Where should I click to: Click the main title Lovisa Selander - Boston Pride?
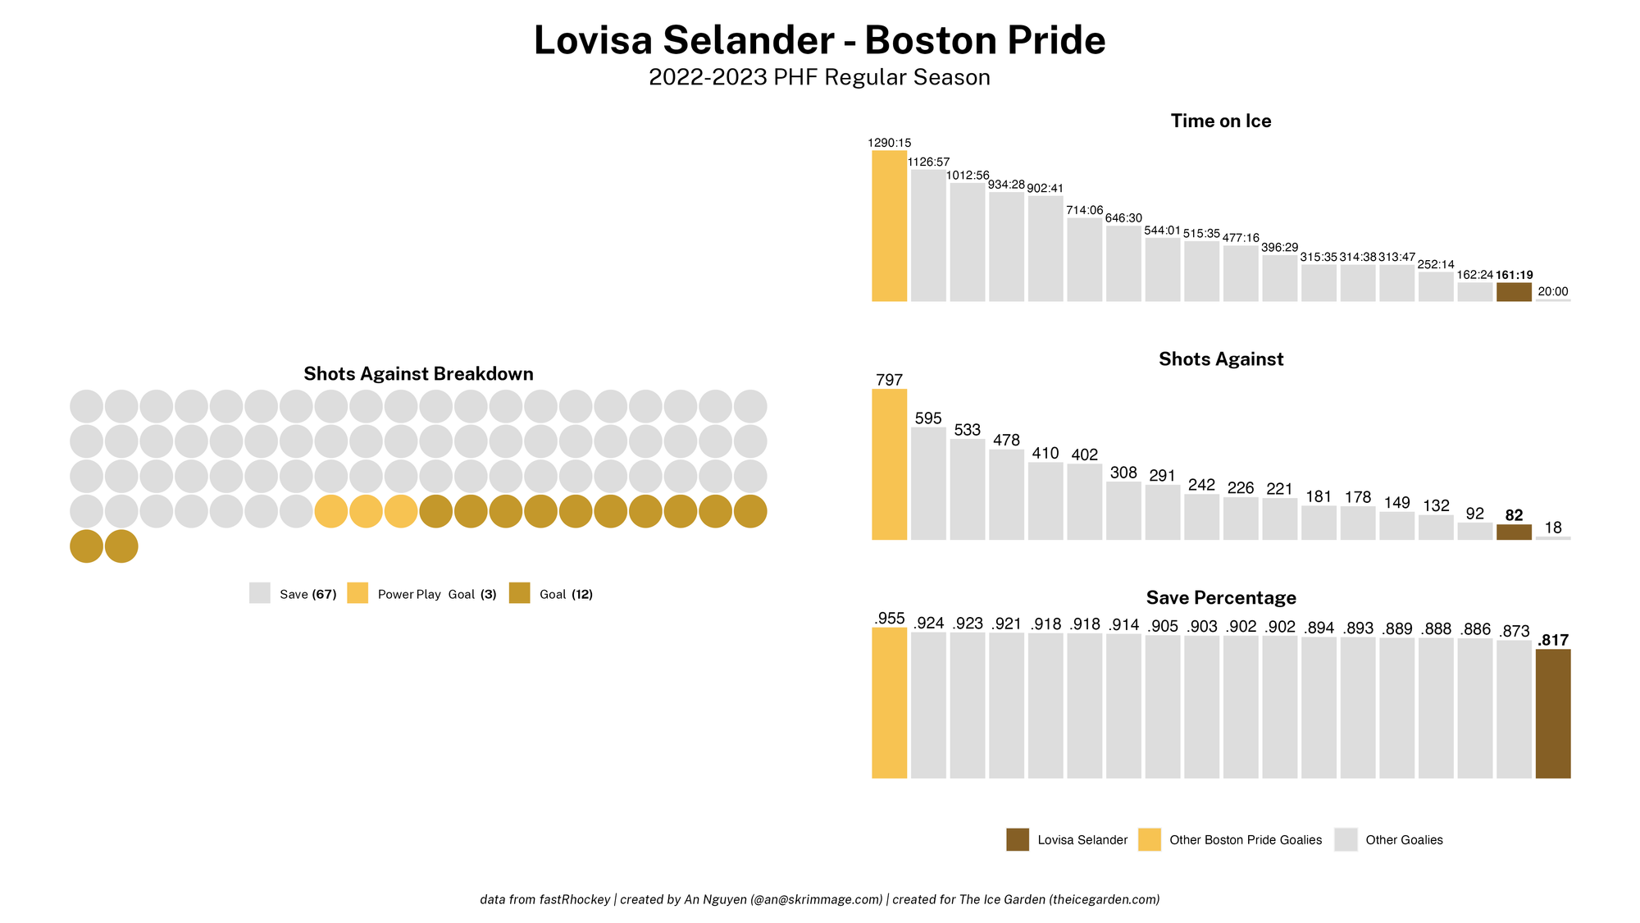(819, 40)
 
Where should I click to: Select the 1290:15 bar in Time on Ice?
(889, 226)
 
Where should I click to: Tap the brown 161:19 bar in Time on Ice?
(1514, 292)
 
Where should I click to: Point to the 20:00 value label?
(1552, 291)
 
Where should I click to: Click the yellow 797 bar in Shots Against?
(889, 464)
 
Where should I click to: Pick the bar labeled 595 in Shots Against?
(928, 483)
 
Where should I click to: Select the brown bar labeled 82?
(1514, 532)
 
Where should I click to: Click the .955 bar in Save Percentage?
(889, 703)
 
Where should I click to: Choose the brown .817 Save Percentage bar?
(1552, 714)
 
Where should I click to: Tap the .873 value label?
(1514, 631)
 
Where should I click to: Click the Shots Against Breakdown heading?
(418, 374)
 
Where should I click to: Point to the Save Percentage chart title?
(1220, 597)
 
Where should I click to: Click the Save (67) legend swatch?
(260, 593)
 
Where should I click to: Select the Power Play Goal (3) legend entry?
(436, 594)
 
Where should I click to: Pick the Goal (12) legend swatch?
(519, 593)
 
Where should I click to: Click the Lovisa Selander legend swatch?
(1018, 839)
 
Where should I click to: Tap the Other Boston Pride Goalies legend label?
(1245, 840)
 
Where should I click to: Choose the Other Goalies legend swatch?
(1346, 839)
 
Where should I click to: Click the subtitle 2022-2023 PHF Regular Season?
(819, 78)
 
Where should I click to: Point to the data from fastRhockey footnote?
(819, 899)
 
